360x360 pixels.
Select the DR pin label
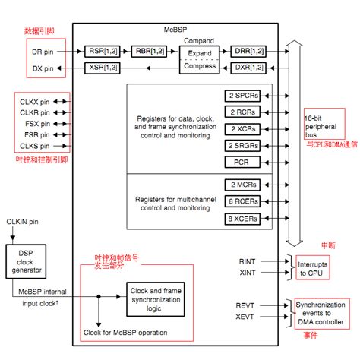(x=43, y=52)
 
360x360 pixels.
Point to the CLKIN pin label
(x=24, y=221)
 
